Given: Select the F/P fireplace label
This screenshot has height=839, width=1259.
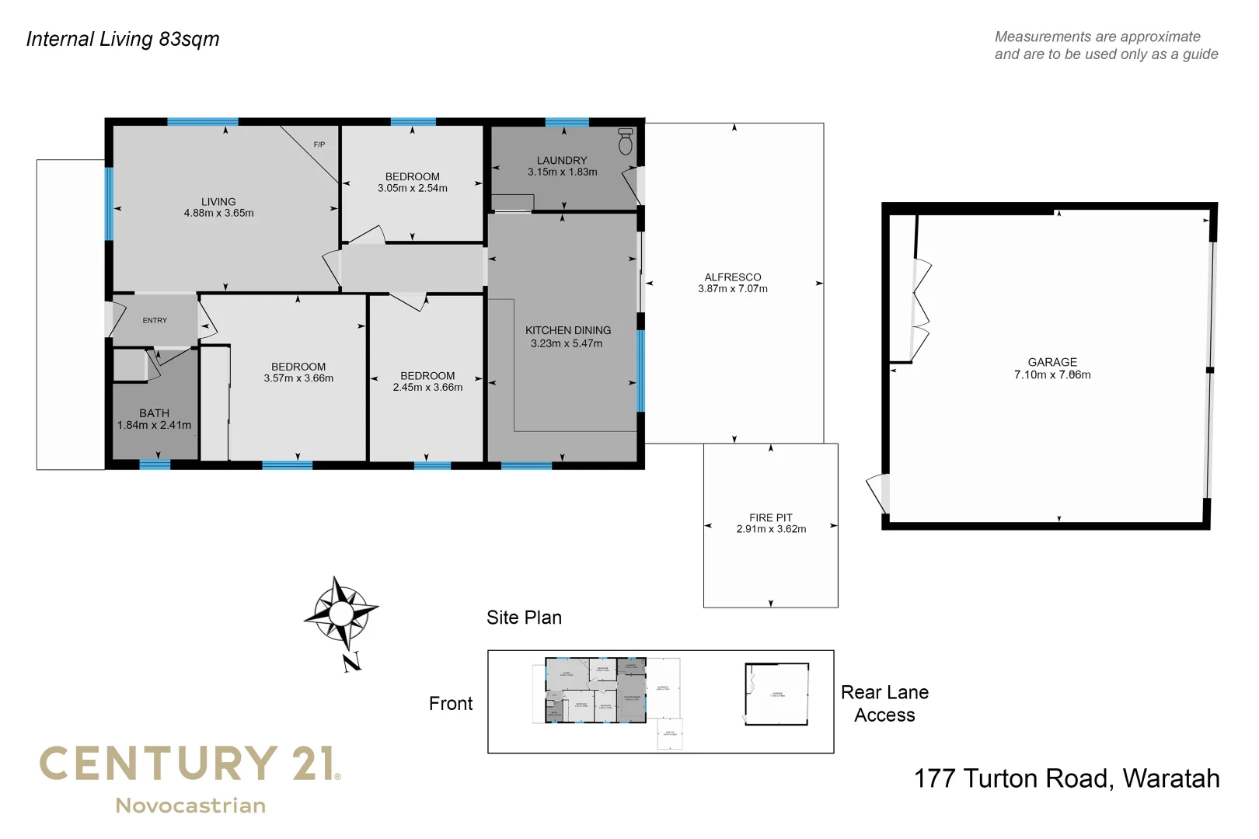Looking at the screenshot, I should tap(319, 144).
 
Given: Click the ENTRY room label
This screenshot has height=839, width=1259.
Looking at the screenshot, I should tap(155, 320).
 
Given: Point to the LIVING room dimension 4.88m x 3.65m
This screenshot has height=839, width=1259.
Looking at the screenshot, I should tap(218, 213).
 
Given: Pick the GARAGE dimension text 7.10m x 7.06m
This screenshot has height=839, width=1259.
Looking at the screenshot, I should tap(1052, 374).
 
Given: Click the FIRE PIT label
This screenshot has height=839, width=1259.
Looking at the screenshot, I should tap(771, 517).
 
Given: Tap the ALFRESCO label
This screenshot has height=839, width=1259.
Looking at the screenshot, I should tap(733, 277).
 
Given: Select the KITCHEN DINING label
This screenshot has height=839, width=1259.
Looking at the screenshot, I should tap(568, 330).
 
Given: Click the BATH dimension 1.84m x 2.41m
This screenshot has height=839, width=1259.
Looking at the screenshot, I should tap(154, 425).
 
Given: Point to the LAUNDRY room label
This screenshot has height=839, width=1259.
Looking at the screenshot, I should tap(562, 160).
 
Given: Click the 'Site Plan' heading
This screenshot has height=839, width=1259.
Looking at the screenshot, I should tap(524, 618).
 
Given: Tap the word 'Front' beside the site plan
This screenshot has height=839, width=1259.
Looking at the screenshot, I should tap(451, 704).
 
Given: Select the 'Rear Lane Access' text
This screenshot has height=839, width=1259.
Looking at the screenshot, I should tap(884, 704).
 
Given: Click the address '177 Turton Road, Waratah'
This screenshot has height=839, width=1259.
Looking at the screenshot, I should tap(1066, 778).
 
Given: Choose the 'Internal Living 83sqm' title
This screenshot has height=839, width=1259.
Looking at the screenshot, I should tap(123, 39).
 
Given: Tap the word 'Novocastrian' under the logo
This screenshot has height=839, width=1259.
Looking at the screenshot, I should tap(190, 806).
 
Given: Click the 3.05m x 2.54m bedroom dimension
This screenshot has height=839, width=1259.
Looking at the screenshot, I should tap(413, 188).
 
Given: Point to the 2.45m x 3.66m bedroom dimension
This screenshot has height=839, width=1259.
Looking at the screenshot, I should tap(427, 387).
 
